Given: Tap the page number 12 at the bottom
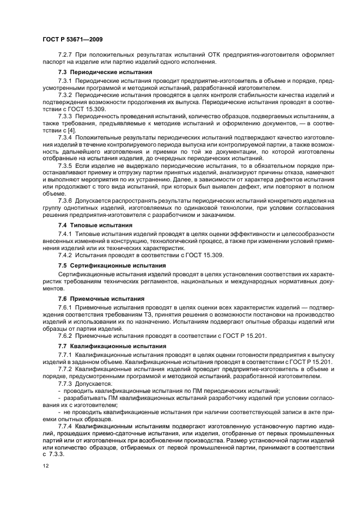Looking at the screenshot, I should pos(45,466).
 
